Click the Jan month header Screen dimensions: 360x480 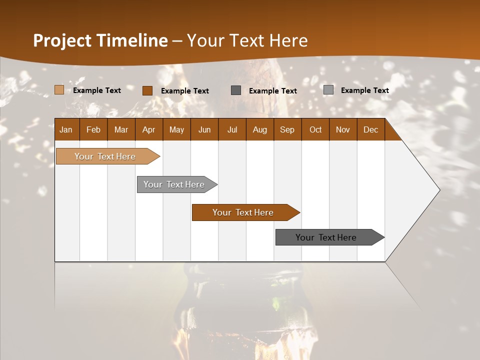[66, 130]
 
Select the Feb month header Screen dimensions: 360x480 [93, 130]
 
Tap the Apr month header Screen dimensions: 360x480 [148, 130]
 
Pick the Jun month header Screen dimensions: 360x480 [204, 130]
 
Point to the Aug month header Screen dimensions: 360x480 [259, 130]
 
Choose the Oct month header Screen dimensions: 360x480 [315, 130]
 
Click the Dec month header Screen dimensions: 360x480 [370, 130]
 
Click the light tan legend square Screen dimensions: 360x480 [59, 90]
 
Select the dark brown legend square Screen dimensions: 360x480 [147, 90]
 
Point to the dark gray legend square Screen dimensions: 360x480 [236, 90]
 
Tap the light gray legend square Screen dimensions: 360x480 [328, 90]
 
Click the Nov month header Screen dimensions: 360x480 [343, 130]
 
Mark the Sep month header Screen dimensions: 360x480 [287, 130]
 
